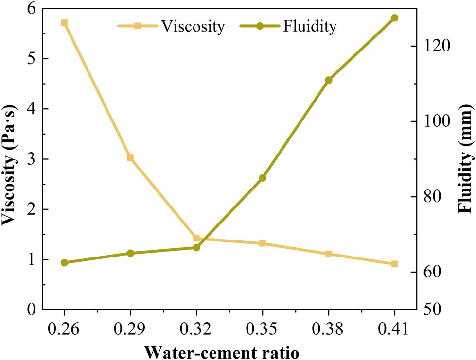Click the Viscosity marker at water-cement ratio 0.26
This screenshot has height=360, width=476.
(x=64, y=23)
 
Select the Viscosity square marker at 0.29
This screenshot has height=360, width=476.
(x=130, y=158)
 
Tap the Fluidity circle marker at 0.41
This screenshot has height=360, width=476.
(x=394, y=18)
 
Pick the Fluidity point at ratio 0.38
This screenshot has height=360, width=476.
(x=328, y=80)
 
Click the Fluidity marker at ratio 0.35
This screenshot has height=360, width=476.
(x=263, y=178)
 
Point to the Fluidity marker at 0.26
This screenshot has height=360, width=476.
(x=64, y=263)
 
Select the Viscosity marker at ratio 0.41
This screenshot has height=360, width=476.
(x=394, y=264)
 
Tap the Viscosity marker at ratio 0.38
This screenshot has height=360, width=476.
(x=328, y=254)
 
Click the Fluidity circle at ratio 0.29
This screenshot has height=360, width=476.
(x=130, y=253)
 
